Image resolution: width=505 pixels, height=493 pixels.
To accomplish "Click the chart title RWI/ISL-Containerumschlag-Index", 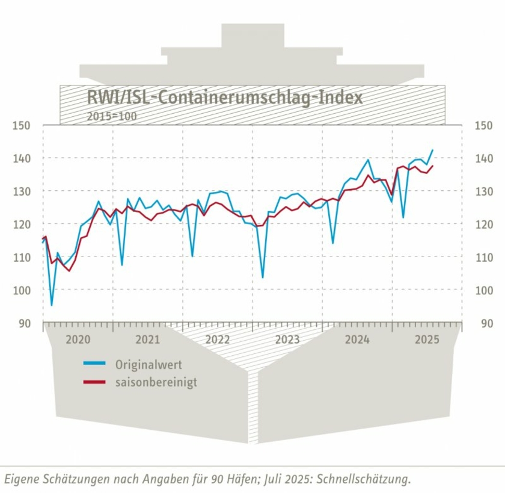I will click(x=225, y=98).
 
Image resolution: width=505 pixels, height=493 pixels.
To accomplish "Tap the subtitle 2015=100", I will click(x=112, y=115).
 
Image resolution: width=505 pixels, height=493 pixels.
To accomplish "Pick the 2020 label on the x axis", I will click(x=78, y=340).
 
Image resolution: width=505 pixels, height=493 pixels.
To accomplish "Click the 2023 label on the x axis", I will click(x=287, y=340).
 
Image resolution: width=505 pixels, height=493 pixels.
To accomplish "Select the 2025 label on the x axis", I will click(x=427, y=340).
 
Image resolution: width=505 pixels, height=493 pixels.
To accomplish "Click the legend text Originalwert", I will click(x=148, y=365).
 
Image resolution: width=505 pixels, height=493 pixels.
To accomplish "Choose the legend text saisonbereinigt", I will click(x=156, y=382).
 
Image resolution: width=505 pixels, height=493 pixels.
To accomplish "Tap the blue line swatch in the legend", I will click(x=94, y=364).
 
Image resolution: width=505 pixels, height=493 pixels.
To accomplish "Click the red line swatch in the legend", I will click(x=94, y=382).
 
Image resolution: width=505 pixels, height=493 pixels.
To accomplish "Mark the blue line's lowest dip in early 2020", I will click(x=51, y=305).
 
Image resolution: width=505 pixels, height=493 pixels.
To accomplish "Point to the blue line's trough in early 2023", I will click(x=262, y=278).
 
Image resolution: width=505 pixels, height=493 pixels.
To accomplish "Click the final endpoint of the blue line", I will click(x=433, y=150).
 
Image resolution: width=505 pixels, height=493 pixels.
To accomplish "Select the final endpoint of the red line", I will click(x=433, y=166).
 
